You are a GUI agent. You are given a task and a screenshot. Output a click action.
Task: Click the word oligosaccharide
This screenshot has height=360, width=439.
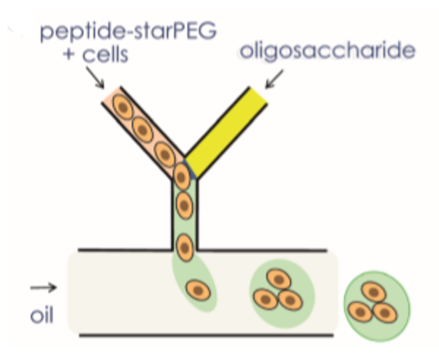tap(327, 51)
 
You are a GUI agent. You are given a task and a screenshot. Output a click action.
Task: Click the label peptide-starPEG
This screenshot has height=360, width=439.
tap(128, 31)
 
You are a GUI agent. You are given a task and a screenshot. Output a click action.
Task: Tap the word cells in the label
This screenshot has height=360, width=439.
tap(105, 54)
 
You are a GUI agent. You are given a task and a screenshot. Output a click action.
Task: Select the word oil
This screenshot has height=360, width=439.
tap(42, 316)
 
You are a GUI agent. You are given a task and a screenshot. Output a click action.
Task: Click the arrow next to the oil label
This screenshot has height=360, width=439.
tap(44, 287)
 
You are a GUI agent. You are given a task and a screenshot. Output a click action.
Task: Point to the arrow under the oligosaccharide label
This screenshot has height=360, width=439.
tap(274, 79)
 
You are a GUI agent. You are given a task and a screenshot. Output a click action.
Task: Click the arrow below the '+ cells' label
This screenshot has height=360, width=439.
tap(95, 77)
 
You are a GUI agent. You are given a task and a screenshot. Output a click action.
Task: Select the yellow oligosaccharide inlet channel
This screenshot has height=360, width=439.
tap(226, 132)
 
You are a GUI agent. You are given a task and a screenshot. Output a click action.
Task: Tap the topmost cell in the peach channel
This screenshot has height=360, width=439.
tap(122, 107)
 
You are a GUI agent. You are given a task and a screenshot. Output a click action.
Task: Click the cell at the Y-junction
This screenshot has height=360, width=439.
tap(182, 177)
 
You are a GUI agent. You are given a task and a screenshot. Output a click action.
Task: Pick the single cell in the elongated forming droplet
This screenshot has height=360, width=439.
tap(198, 290)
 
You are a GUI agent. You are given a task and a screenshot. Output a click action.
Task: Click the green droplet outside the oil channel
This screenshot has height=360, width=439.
tap(377, 307)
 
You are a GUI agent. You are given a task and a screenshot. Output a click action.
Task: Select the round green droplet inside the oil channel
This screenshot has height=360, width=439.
tap(282, 293)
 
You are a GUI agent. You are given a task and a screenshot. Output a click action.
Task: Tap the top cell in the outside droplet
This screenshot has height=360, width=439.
tap(374, 292)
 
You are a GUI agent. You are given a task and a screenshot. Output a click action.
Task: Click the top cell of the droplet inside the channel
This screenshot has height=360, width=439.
tap(279, 279)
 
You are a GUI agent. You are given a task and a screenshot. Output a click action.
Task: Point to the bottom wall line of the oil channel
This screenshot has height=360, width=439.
tap(206, 335)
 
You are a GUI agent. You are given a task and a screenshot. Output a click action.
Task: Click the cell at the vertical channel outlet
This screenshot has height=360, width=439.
tap(185, 248)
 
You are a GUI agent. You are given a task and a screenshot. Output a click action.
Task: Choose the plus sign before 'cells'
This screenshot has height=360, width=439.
tap(69, 54)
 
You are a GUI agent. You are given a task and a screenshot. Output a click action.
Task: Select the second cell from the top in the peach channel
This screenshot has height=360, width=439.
tap(142, 130)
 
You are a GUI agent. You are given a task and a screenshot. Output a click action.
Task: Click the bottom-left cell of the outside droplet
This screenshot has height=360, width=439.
tap(360, 312)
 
